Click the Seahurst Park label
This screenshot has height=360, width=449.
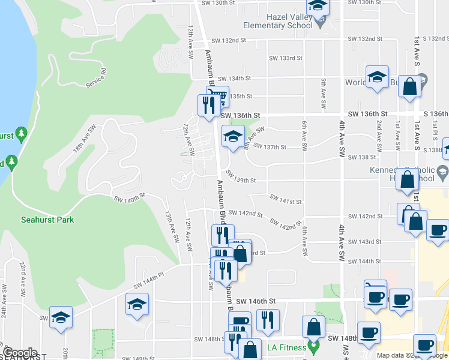pos(47,220)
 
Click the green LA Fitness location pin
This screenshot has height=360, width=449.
pos(312,347)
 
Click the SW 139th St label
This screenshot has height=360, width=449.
pos(241,180)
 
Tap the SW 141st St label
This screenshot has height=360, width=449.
pos(285,200)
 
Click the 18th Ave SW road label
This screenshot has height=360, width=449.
pos(85,137)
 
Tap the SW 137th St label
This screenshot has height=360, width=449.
pos(270,146)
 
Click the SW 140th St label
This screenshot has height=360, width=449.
pos(127,197)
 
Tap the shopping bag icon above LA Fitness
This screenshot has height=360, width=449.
pos(314,327)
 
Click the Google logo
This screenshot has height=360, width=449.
pos(20,353)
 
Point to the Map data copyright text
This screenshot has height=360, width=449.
pos(412,356)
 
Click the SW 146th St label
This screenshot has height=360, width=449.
pos(255,301)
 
